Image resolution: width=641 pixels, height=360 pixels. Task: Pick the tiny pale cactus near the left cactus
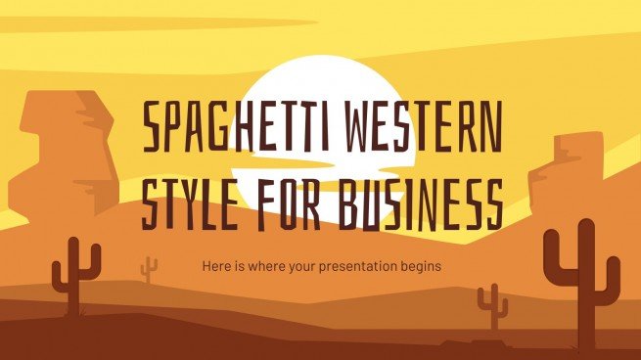pos(149,268)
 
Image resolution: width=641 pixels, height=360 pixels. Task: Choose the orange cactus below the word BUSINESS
pos(493,305)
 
